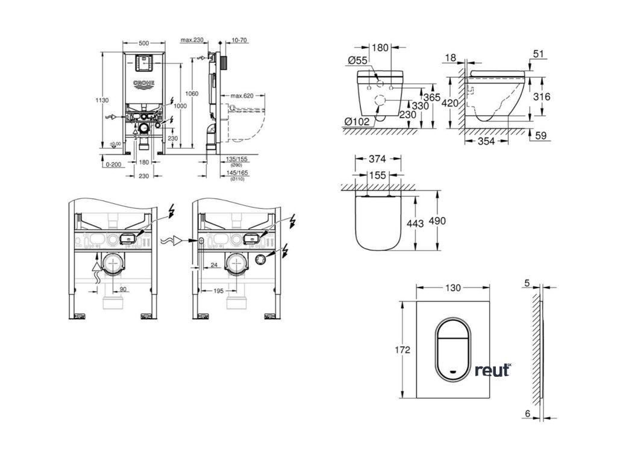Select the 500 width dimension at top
[143, 44]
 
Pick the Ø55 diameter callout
[359, 60]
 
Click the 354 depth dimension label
[487, 142]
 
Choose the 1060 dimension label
[192, 93]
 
